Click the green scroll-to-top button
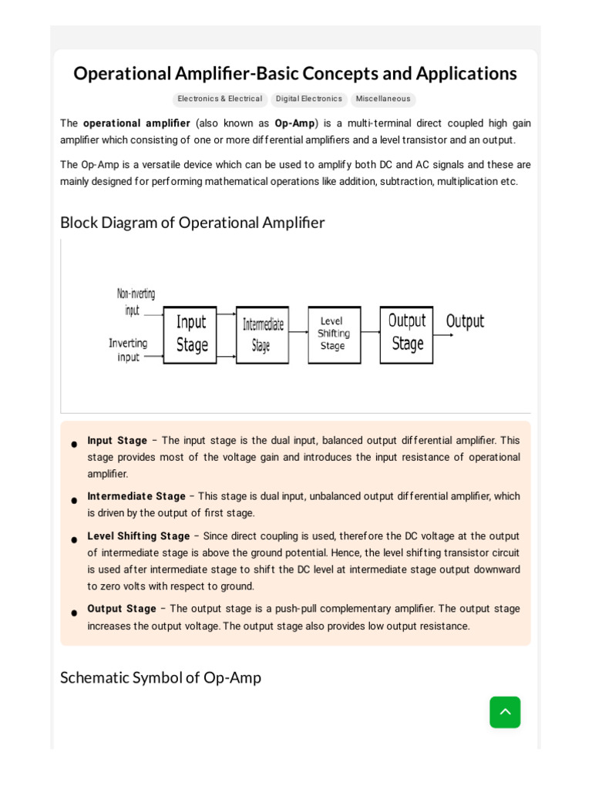[505, 712]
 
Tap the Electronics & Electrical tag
[220, 99]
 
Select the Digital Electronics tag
[308, 99]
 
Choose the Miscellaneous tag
[383, 99]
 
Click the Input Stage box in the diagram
[190, 334]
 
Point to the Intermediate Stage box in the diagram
[262, 335]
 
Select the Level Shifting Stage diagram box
[334, 334]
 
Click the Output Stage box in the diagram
[406, 334]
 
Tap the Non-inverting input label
[135, 302]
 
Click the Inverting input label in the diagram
[128, 350]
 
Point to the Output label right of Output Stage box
[465, 321]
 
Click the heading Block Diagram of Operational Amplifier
[193, 223]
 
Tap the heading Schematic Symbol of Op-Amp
[160, 677]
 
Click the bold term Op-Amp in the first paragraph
[294, 123]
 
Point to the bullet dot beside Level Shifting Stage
[74, 540]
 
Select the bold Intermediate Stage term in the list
[136, 496]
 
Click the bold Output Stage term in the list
[122, 609]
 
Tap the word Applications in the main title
[466, 73]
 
